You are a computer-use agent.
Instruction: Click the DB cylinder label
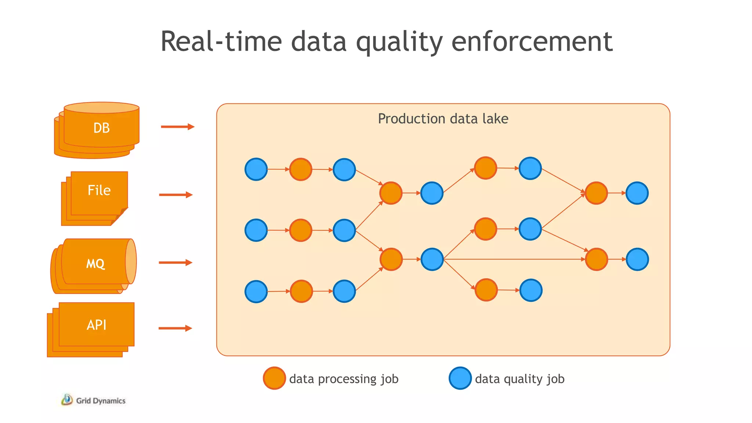tap(101, 128)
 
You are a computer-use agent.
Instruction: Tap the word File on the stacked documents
tap(99, 190)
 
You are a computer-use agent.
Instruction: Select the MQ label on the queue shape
tap(95, 264)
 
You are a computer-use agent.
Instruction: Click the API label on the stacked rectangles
tap(97, 325)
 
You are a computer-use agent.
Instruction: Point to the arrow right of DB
tap(177, 127)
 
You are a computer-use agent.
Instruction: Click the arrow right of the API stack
tap(175, 328)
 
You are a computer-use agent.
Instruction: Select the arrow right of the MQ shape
tap(176, 262)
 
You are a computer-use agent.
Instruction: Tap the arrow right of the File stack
tap(176, 195)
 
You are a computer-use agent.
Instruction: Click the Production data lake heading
tap(443, 119)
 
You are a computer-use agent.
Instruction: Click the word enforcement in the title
tap(532, 41)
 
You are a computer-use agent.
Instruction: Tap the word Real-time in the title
tap(221, 41)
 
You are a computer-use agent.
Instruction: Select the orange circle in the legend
tap(274, 378)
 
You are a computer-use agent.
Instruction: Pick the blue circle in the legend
tap(460, 378)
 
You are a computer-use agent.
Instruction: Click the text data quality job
tap(520, 379)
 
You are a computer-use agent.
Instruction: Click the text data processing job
tap(344, 379)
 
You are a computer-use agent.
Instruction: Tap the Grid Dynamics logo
tap(93, 400)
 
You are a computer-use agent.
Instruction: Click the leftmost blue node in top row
tap(256, 169)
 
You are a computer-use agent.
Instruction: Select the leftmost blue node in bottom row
tap(256, 292)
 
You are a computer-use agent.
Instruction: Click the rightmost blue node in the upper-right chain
tap(637, 193)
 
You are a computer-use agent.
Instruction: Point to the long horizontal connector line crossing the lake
tap(514, 259)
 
